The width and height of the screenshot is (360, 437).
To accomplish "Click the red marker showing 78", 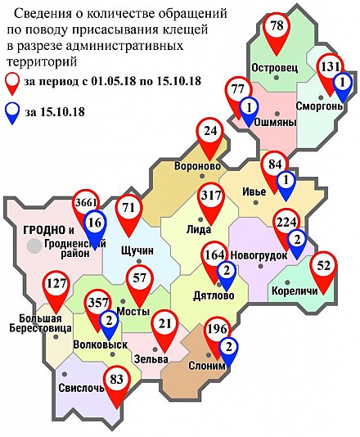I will coord(277,29).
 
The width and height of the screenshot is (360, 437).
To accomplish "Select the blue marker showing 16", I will coord(95,223).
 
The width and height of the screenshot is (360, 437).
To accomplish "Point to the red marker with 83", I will coord(118,380).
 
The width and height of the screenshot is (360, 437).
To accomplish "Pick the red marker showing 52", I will coord(324,267).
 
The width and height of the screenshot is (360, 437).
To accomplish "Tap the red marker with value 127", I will coord(56,287).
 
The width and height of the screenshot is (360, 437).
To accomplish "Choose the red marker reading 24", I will coord(211,133).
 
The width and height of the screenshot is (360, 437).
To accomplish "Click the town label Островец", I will coord(273,65).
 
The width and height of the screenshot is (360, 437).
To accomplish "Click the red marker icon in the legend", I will coord(12,81).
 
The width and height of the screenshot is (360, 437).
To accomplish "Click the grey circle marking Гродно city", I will coord(34,245).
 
